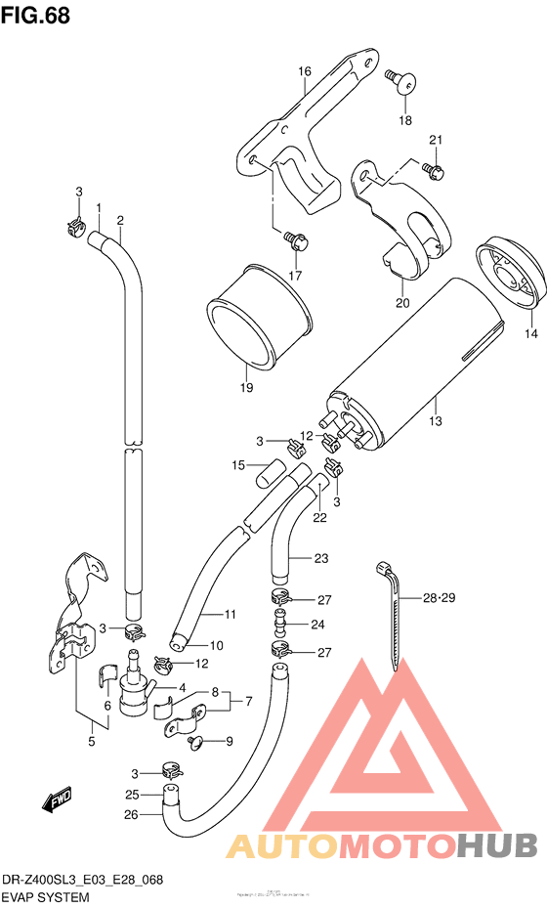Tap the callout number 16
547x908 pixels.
tap(305, 71)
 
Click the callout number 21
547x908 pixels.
tap(435, 139)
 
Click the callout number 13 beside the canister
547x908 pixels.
tap(435, 421)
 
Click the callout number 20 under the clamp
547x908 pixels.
tap(401, 303)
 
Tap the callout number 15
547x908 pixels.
tap(238, 466)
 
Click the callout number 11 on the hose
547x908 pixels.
tap(231, 614)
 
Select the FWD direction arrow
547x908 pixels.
tap(58, 801)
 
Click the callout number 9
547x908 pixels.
tap(230, 741)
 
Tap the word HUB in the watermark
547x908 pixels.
tap(496, 843)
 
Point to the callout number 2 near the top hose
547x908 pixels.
tap(120, 219)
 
